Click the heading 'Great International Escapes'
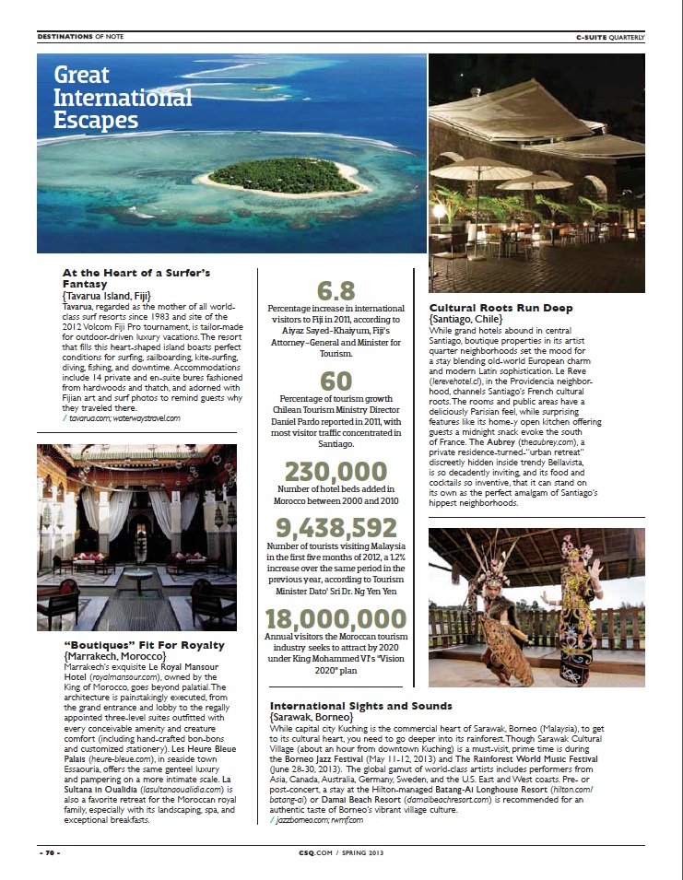(x=123, y=97)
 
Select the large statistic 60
(x=336, y=381)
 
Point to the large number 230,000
(x=336, y=470)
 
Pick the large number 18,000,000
(x=336, y=618)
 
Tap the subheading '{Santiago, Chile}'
(x=474, y=318)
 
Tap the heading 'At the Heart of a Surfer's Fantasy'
(x=136, y=279)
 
